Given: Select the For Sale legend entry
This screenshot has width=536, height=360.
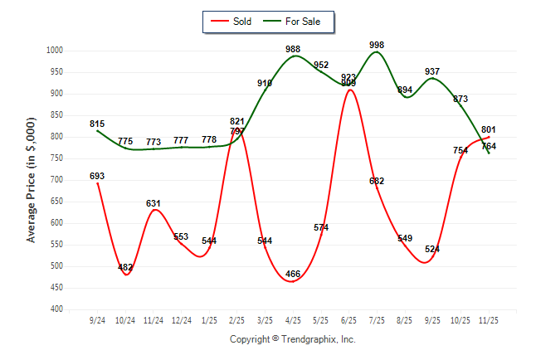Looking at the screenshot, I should [x=303, y=22].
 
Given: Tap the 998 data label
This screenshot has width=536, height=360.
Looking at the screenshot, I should [x=377, y=45].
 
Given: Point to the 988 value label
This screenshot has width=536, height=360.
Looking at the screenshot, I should [x=293, y=50].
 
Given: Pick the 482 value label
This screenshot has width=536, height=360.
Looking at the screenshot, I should [x=125, y=267].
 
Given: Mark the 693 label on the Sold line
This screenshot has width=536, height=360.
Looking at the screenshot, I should [x=97, y=176].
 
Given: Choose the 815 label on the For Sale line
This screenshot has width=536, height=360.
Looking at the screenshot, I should [x=97, y=124].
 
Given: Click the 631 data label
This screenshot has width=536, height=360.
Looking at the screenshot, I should [x=153, y=203].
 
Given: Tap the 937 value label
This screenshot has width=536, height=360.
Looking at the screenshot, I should [x=432, y=71].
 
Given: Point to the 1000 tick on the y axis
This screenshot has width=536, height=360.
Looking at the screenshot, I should [x=55, y=51].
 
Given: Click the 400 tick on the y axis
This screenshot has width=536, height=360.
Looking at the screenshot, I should [x=57, y=309].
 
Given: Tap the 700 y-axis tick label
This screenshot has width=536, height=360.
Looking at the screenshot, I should [x=57, y=180].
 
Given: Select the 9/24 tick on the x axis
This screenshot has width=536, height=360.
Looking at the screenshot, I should [x=97, y=319].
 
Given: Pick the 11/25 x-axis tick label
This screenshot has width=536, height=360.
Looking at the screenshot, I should [x=489, y=319].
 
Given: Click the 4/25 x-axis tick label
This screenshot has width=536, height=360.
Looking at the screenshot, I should [x=293, y=319].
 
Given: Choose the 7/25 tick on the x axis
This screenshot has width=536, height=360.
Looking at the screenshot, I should [x=377, y=319].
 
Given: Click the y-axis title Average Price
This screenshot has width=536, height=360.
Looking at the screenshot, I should [x=32, y=180].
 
